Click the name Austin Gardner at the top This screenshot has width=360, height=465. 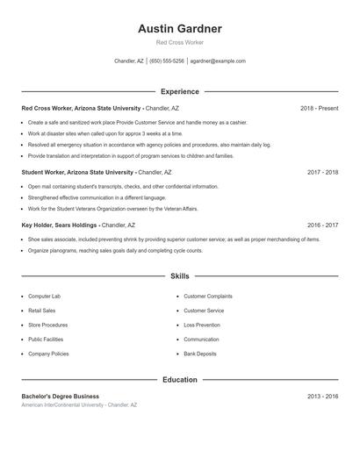tap(179, 29)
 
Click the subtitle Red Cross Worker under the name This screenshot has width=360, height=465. tap(179, 42)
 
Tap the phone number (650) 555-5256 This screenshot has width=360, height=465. tap(167, 61)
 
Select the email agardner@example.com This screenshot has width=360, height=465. tap(218, 61)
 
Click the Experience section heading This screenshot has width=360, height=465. tap(179, 91)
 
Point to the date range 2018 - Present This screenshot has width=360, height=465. tap(319, 108)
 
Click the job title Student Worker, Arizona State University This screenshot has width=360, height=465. tap(77, 173)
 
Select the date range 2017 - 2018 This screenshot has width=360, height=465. tap(322, 173)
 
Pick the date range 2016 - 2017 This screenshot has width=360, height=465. tap(322, 225)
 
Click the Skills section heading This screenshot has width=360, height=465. tap(179, 276)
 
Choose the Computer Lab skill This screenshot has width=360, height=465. tap(44, 297)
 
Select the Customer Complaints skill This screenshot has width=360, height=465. tap(207, 297)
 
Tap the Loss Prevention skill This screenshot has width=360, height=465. tap(202, 325)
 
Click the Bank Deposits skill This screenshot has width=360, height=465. tap(200, 354)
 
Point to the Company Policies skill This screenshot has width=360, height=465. tap(48, 354)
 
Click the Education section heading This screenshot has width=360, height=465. tap(179, 380)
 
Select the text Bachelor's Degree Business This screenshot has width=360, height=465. tap(60, 397)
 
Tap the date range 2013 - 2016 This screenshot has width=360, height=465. tap(322, 397)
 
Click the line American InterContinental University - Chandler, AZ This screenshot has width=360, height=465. tap(79, 405)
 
